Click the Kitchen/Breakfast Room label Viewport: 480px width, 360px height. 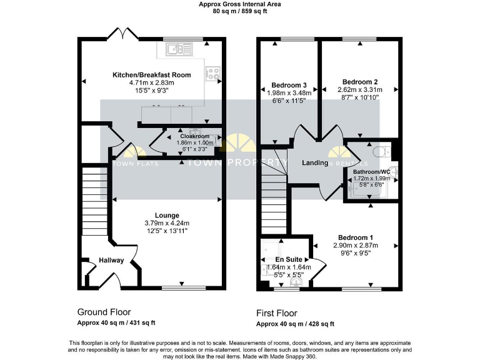pyautogui.click(x=152, y=75)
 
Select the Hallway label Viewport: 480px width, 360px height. pyautogui.click(x=111, y=261)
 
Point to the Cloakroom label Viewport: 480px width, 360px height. pyautogui.click(x=194, y=136)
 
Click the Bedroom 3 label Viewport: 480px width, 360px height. pyautogui.click(x=289, y=85)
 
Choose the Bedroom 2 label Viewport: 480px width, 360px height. pyautogui.click(x=360, y=82)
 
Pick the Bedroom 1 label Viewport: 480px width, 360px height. pyautogui.click(x=356, y=237)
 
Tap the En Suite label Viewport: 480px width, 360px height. pyautogui.click(x=289, y=259)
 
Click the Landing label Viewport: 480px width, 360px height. pyautogui.click(x=316, y=163)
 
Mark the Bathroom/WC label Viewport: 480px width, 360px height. pyautogui.click(x=371, y=171)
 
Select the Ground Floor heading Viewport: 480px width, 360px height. pyautogui.click(x=104, y=311)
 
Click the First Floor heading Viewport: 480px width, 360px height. pyautogui.click(x=277, y=313)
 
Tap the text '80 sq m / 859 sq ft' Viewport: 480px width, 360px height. pyautogui.click(x=240, y=11)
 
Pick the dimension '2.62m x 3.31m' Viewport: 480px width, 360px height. pyautogui.click(x=360, y=89)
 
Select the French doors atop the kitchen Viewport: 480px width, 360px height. pyautogui.click(x=121, y=33)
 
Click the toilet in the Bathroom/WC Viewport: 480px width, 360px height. pyautogui.click(x=379, y=152)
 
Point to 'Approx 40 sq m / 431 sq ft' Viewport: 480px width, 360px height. pyautogui.click(x=116, y=322)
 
